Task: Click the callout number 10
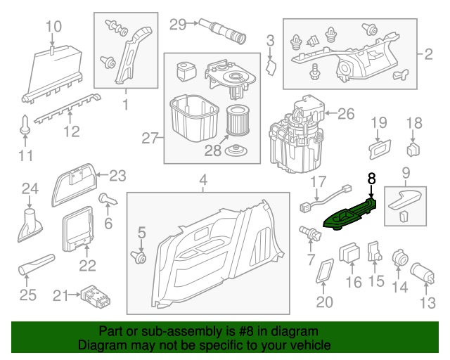click(x=54, y=27)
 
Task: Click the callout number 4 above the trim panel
click(x=202, y=181)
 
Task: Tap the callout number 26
click(x=347, y=113)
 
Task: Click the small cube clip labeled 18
click(x=414, y=149)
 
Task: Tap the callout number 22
click(x=87, y=264)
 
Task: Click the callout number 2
click(x=429, y=53)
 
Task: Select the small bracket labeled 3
click(x=273, y=66)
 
